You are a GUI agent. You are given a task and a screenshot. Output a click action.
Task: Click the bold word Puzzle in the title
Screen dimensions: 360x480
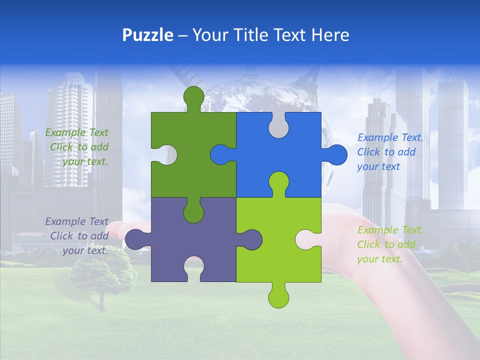148,35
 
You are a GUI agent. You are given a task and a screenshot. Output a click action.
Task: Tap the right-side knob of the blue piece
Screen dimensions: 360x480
336,154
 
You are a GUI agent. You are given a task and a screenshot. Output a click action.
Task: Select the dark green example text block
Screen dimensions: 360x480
77,147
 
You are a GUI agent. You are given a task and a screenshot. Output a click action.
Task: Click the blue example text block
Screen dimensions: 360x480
389,152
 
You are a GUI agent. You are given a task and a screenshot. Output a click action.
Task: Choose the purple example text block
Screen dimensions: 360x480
77,236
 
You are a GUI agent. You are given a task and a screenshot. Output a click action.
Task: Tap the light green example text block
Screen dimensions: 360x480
390,244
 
